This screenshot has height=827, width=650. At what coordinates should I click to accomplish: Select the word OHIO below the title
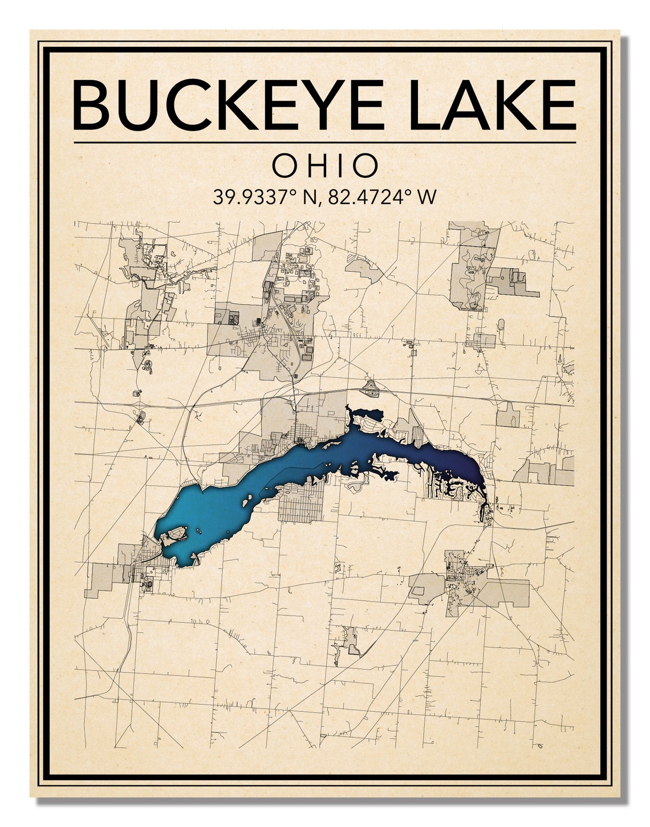(325, 166)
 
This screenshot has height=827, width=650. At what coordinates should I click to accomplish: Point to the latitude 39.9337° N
(265, 197)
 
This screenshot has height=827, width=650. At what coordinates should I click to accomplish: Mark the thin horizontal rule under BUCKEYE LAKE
(325, 142)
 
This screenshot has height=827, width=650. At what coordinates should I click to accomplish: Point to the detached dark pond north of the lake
(365, 414)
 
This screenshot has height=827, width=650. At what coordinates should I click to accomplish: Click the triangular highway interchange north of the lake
(371, 389)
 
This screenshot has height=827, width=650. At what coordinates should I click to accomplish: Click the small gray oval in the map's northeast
(501, 324)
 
